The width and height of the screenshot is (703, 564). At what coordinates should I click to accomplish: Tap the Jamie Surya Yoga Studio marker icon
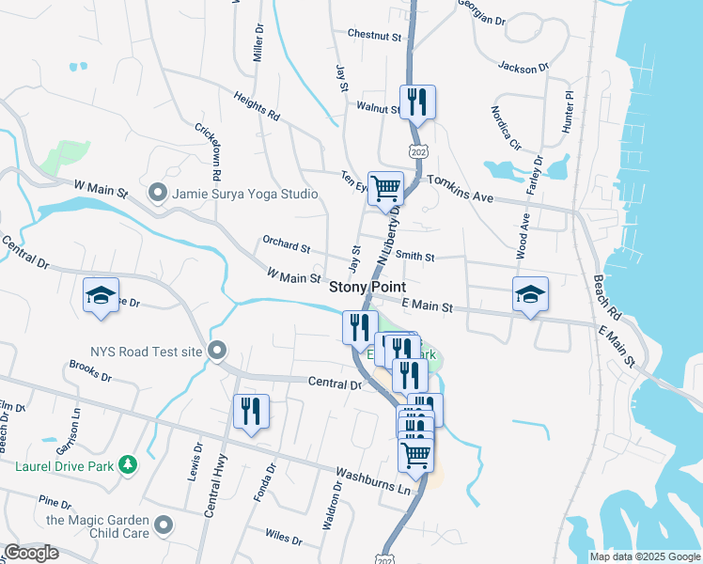click(x=158, y=193)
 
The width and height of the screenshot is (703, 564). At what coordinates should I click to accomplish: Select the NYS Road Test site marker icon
click(x=217, y=352)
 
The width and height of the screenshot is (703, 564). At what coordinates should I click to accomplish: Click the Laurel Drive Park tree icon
click(x=128, y=463)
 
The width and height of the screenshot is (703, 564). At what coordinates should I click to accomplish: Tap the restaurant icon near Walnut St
click(x=416, y=101)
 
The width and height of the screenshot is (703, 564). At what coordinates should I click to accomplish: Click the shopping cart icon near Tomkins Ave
click(x=385, y=188)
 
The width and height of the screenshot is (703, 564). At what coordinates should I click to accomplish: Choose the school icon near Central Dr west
click(x=102, y=295)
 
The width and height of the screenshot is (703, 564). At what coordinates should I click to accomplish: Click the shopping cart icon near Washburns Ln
click(x=415, y=456)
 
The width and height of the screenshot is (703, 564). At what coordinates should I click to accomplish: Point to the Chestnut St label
click(x=374, y=35)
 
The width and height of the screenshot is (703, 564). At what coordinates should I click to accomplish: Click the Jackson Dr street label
click(x=523, y=68)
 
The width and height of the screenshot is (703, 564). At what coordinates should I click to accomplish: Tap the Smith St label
click(x=414, y=256)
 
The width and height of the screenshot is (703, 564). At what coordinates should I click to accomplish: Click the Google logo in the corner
click(x=31, y=554)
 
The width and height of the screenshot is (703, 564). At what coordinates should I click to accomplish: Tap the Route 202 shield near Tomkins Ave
click(x=416, y=151)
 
